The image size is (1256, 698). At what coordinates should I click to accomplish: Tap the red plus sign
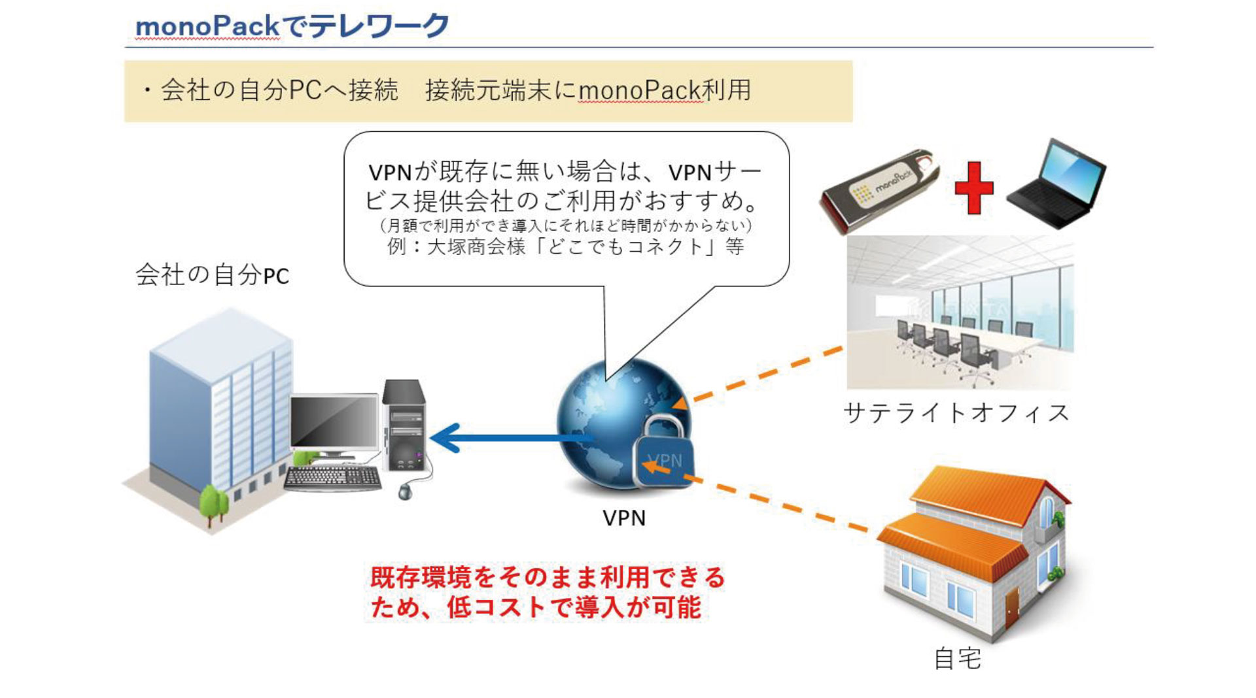974,188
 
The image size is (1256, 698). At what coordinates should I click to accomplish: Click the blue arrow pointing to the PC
511,438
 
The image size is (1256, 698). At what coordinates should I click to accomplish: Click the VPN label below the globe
624,518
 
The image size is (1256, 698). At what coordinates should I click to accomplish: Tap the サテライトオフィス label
956,413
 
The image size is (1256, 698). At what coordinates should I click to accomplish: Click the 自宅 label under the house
958,658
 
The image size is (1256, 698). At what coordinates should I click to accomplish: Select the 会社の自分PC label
212,275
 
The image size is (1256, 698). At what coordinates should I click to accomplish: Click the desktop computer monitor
334,425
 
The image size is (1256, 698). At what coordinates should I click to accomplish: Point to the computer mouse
406,490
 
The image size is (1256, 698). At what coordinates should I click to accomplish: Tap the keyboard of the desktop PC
333,478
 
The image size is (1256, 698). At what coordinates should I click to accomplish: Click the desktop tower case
404,425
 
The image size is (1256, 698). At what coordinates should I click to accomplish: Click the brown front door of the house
1013,607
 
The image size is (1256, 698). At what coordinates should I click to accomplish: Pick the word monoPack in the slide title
207,26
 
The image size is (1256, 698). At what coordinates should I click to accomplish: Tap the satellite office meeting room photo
960,313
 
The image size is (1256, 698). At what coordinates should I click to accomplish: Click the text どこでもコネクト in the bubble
625,246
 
